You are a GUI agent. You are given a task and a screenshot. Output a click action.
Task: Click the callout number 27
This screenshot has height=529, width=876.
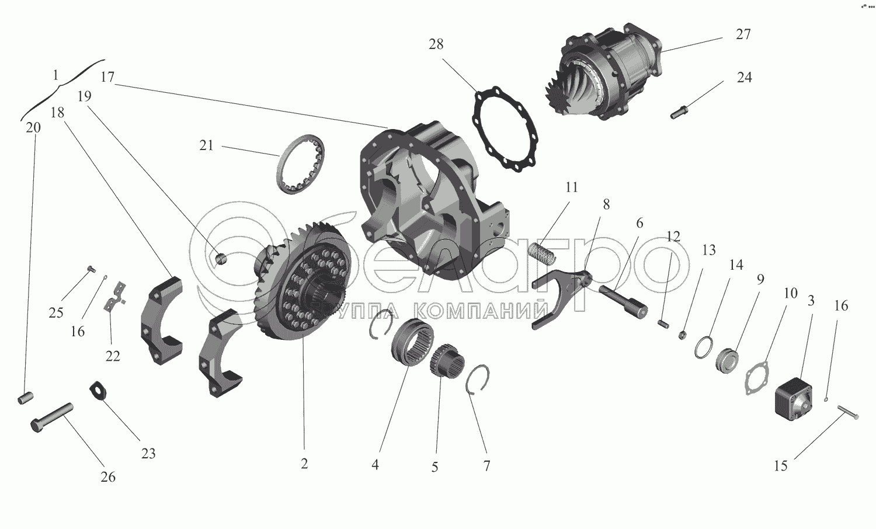743,34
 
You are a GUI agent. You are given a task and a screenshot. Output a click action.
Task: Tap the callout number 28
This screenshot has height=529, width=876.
436,44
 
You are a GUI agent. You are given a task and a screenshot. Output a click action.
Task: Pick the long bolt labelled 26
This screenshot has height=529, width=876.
53,417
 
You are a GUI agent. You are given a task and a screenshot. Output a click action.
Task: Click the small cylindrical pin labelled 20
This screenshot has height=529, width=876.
26,398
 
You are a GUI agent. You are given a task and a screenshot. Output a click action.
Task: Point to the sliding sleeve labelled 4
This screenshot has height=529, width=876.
412,342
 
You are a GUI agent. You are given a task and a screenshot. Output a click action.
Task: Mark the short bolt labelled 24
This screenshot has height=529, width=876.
679,113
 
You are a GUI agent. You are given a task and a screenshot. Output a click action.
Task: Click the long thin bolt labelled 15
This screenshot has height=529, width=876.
848,413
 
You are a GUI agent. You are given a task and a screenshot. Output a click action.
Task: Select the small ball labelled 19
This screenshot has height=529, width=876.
222,259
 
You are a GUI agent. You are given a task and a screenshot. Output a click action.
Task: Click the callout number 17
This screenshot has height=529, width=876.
107,77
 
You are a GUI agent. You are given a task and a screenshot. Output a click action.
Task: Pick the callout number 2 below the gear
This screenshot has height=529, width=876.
304,464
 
